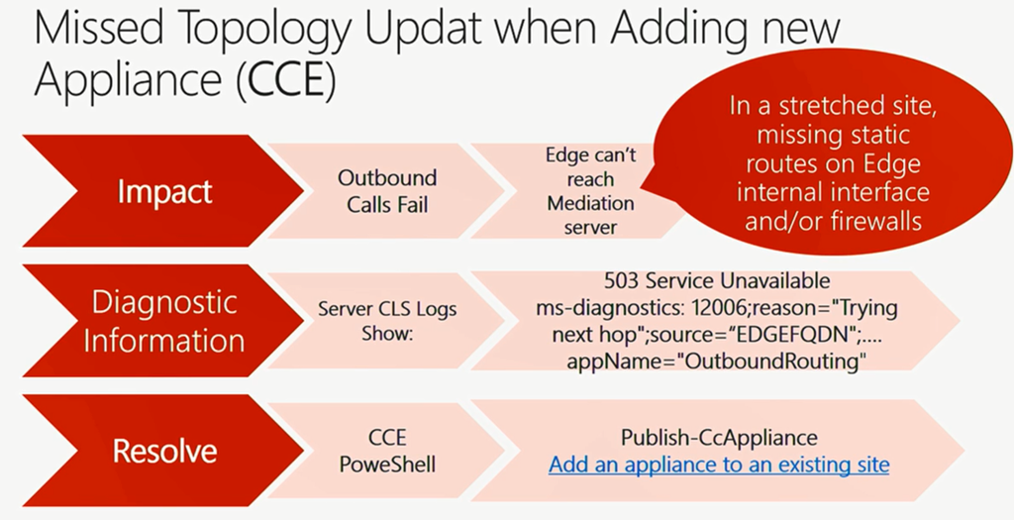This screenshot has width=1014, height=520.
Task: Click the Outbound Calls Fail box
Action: (387, 191)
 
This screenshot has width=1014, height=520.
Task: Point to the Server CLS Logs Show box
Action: (387, 321)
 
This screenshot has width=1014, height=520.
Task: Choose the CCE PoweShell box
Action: (387, 451)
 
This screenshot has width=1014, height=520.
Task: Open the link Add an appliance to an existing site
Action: (719, 465)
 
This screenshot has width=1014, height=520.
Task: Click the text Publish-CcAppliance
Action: (719, 438)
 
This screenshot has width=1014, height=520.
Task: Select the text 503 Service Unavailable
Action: (717, 280)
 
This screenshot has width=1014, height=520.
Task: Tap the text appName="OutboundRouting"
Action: (717, 361)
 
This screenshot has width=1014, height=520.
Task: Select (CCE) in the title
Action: (286, 79)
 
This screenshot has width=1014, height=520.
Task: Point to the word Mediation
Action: (590, 203)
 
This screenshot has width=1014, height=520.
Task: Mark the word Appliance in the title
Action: (129, 80)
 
